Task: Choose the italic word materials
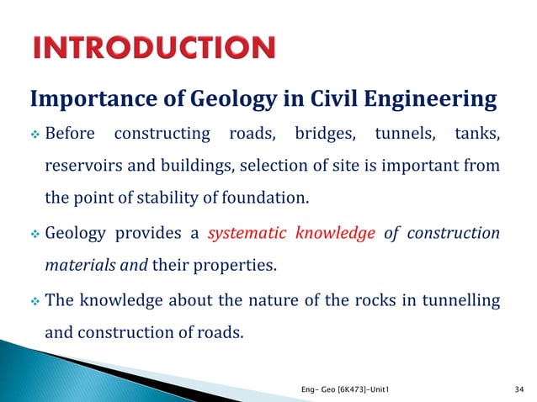click(x=80, y=267)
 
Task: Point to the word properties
click(x=236, y=267)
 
